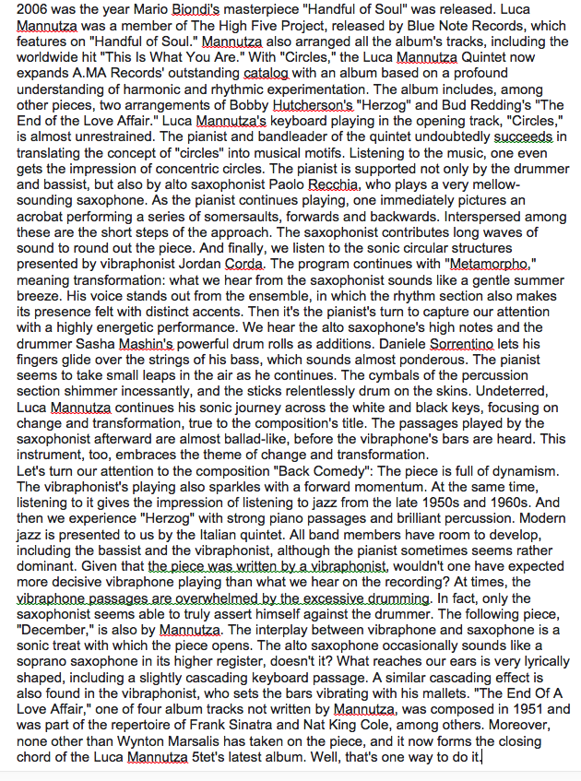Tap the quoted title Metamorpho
point(493,262)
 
